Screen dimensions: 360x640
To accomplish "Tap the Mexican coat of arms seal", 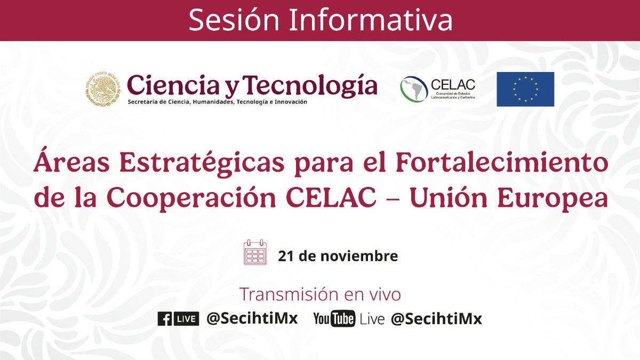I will click(102, 89).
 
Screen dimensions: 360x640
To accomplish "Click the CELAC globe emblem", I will click(414, 89).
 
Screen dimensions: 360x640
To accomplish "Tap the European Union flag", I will click(525, 89).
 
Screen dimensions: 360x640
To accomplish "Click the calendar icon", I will click(255, 253).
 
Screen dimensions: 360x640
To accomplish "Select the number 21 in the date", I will click(286, 256).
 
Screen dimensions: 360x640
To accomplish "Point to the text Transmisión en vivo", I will click(320, 294).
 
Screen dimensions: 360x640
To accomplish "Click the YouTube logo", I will click(334, 319).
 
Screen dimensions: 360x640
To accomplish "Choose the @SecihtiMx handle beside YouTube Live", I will click(436, 319).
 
